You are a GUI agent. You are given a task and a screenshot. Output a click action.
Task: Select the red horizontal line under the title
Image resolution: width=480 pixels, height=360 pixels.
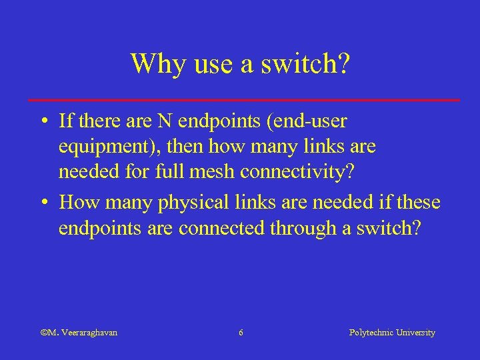pos(244,99)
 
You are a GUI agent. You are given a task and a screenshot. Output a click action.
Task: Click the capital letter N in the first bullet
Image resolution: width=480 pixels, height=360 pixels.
pos(165,121)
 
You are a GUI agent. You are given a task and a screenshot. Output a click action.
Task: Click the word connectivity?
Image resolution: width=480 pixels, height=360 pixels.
pos(296,171)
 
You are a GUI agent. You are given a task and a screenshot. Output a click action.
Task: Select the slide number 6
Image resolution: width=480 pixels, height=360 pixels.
pos(241,332)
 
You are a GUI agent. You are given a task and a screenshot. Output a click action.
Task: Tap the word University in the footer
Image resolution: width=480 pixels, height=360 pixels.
pos(415,332)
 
